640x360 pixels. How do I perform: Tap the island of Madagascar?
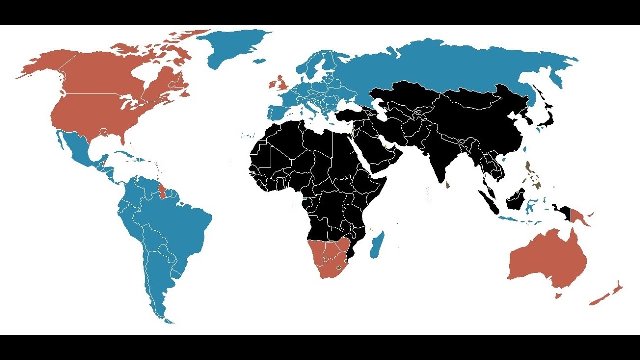(378, 245)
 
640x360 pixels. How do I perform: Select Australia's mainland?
(550, 260)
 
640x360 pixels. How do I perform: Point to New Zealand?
(607, 295)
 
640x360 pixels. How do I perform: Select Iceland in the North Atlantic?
(259, 61)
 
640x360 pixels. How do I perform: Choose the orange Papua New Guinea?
(580, 216)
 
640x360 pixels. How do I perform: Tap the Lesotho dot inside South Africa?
(340, 268)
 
